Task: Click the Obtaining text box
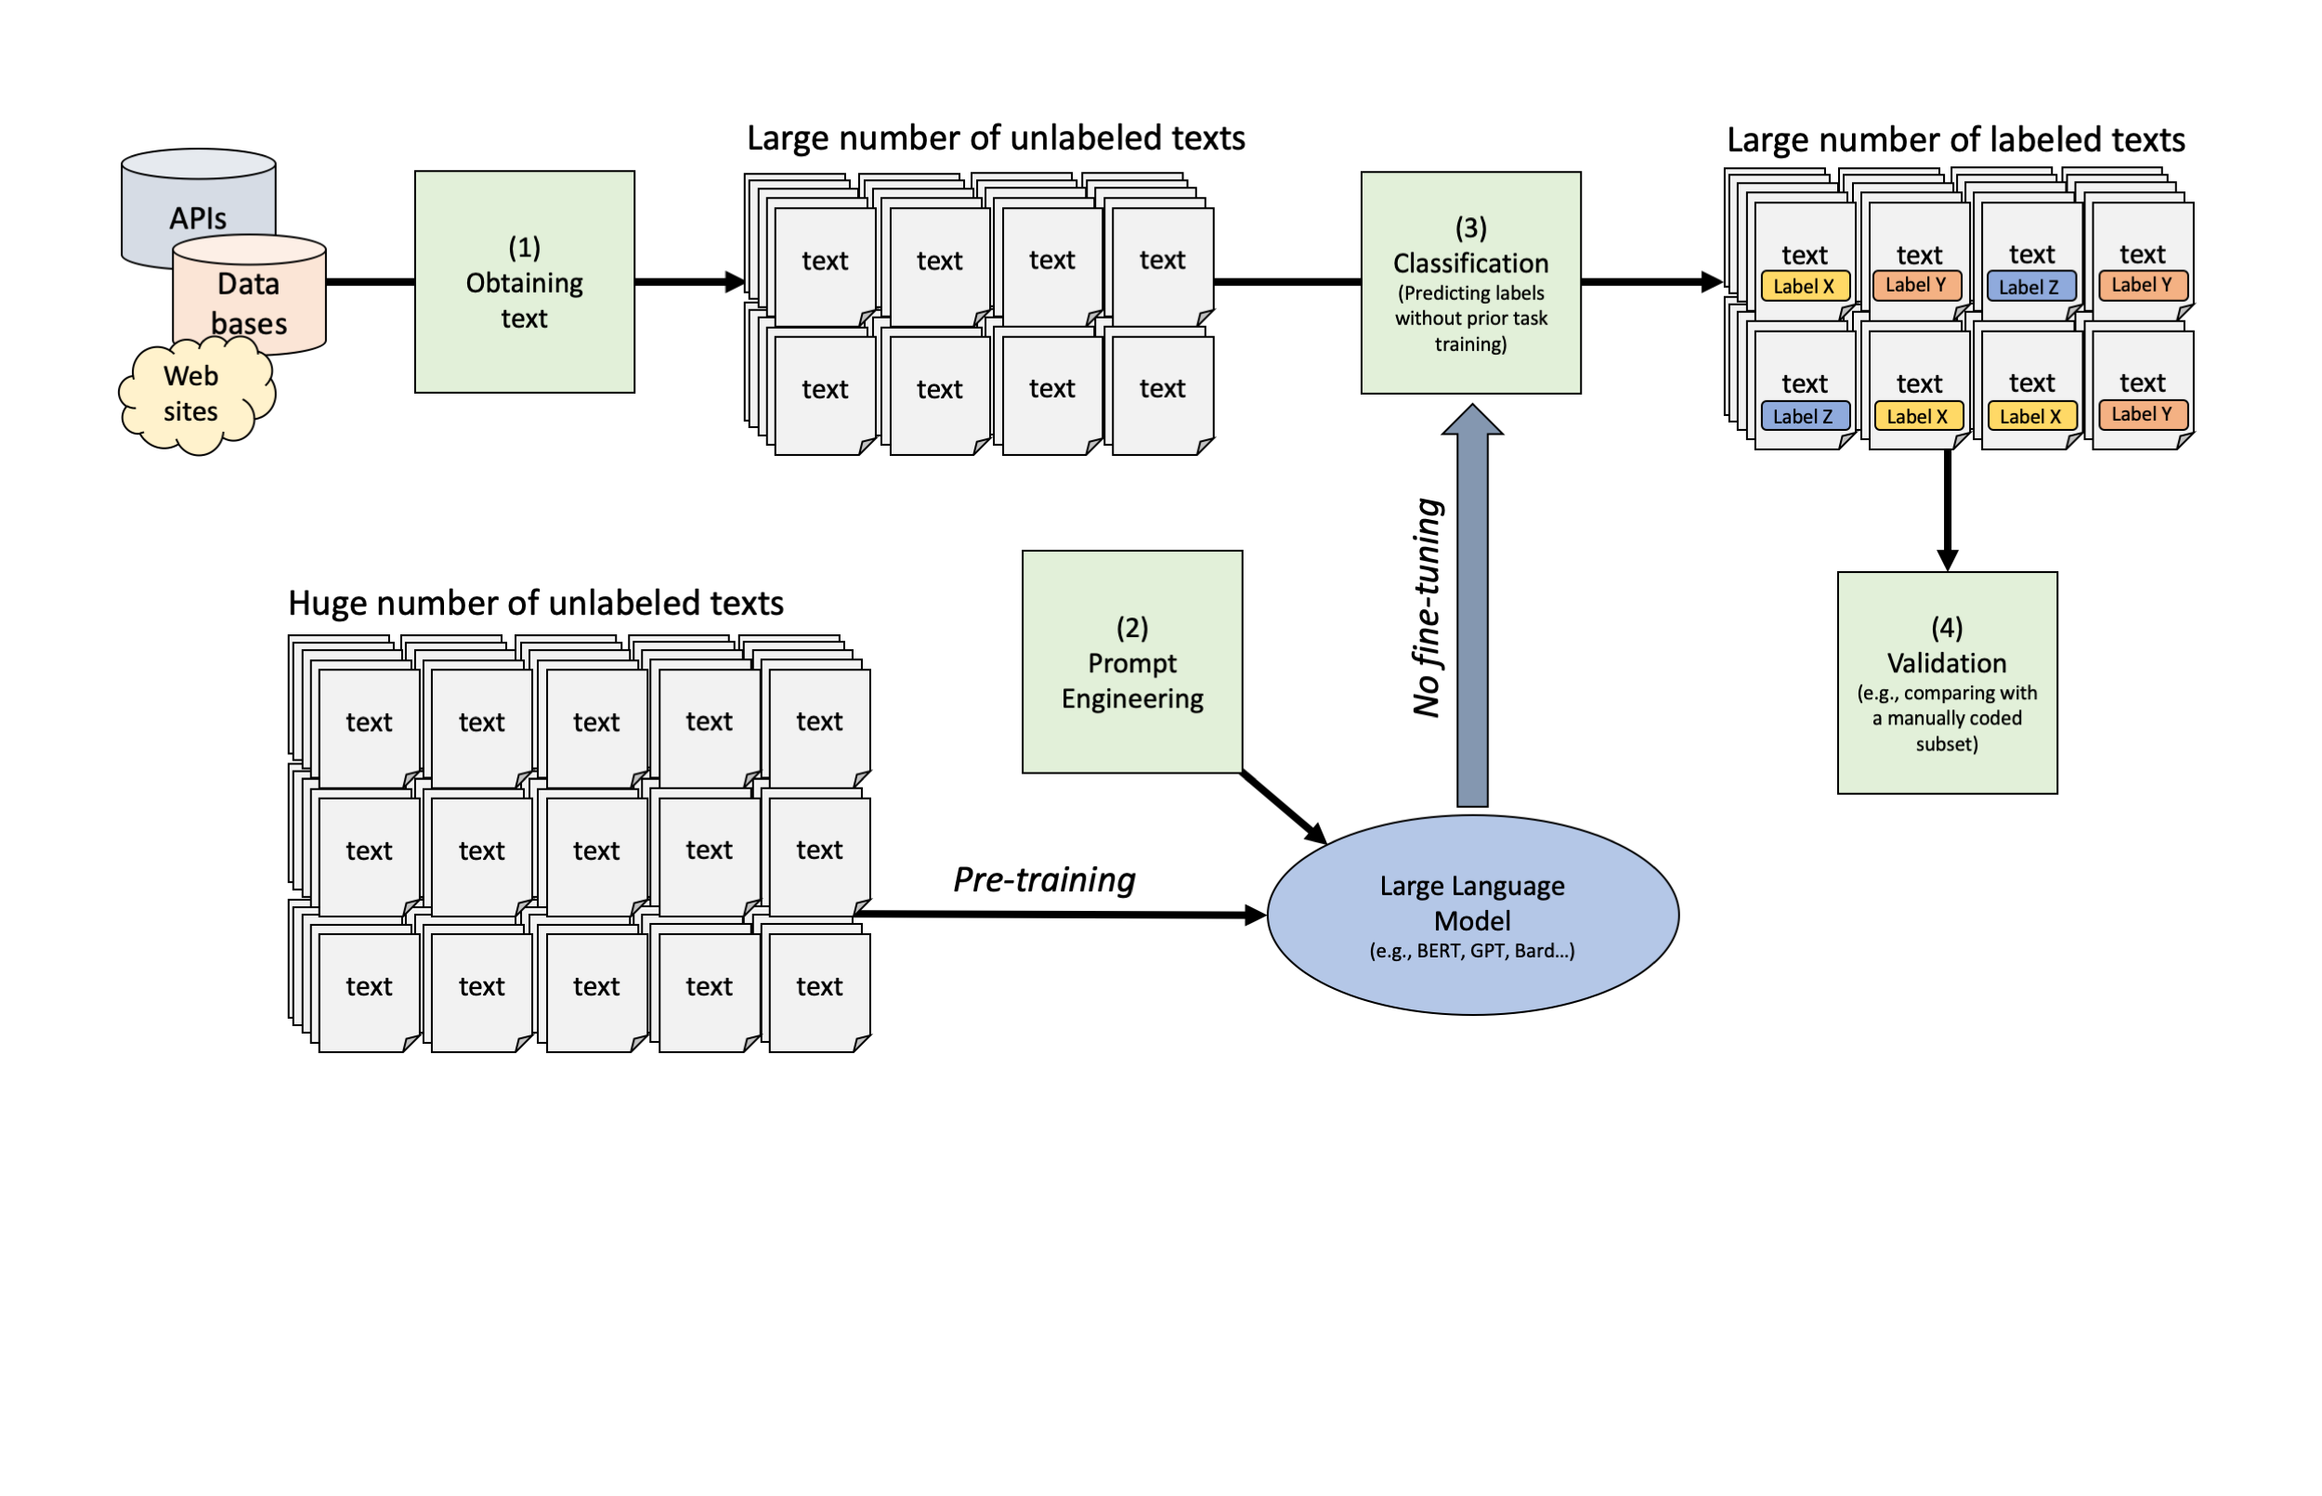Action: (525, 282)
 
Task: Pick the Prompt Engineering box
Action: (1133, 662)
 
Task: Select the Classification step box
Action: (1471, 282)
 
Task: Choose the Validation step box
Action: (1947, 683)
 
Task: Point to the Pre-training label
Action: (1044, 879)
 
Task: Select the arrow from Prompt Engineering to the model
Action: (1283, 806)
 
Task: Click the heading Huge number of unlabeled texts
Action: (535, 604)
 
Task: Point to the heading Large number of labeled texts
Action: (1955, 140)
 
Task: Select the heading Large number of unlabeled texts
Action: (996, 138)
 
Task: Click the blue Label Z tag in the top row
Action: (2029, 287)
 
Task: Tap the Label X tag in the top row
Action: (1803, 287)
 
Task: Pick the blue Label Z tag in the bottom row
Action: (1803, 416)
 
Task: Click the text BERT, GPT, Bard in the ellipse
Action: (1472, 951)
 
